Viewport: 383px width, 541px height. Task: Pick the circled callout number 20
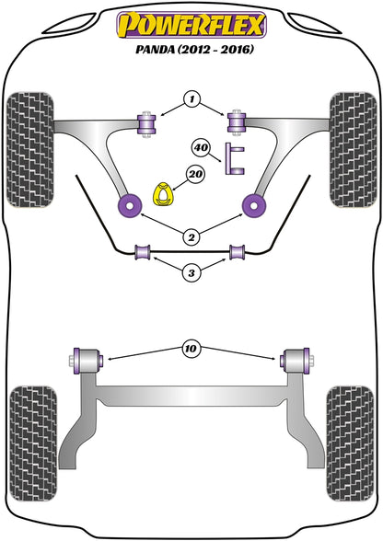[194, 172]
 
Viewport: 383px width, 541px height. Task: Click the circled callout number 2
[191, 236]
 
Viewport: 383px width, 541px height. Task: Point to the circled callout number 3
[191, 272]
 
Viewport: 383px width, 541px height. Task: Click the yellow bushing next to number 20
[163, 195]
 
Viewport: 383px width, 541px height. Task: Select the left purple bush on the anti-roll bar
[144, 252]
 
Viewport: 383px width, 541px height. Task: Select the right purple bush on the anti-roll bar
[237, 252]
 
